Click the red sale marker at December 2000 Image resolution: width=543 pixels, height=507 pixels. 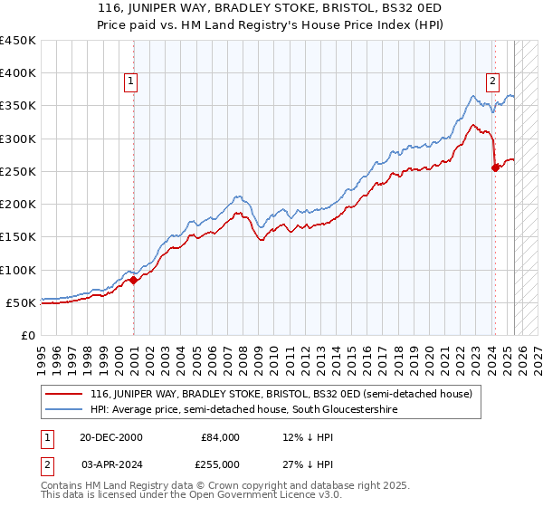[x=133, y=280]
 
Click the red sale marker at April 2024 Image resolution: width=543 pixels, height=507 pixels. [x=495, y=167]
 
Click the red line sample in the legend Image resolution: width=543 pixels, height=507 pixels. [x=65, y=394]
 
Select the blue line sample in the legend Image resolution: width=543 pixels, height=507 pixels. [x=65, y=410]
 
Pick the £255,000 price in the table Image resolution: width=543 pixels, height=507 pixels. [x=220, y=464]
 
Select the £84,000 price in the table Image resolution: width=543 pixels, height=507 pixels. [x=220, y=437]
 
